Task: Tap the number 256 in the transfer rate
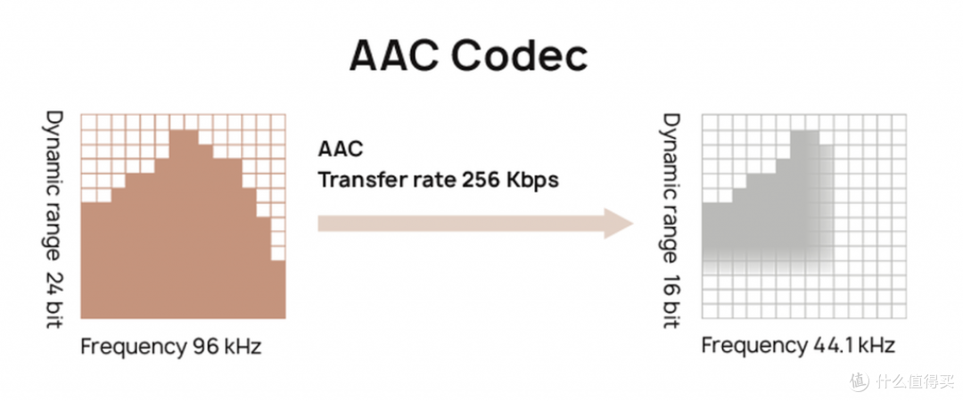pyautogui.click(x=482, y=181)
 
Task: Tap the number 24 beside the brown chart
pyautogui.click(x=54, y=279)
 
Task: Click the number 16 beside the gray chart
pyautogui.click(x=672, y=281)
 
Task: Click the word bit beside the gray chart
pyautogui.click(x=672, y=313)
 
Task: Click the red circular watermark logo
pyautogui.click(x=860, y=381)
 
